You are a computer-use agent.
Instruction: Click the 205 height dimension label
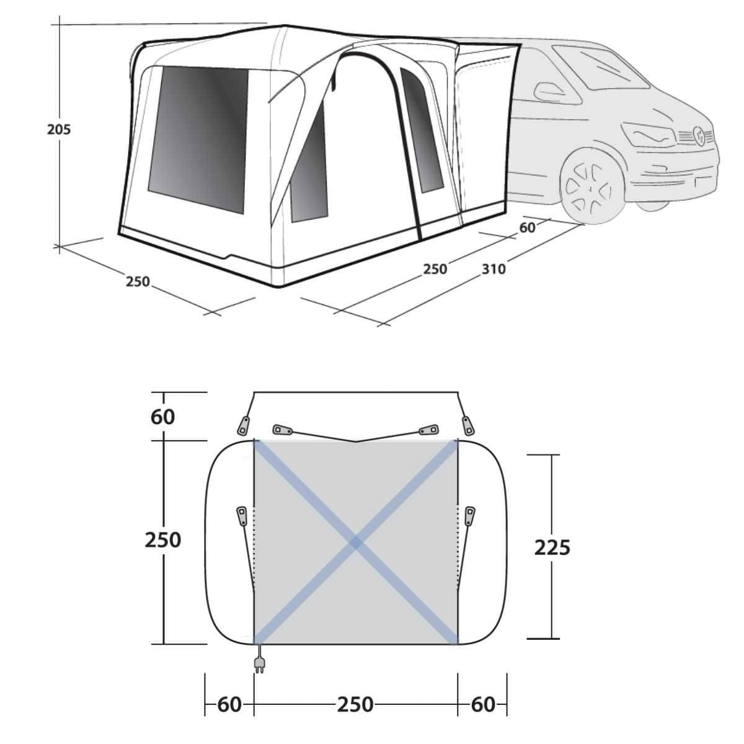(59, 130)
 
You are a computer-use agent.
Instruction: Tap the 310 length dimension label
(494, 268)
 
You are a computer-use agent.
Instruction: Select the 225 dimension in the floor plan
(552, 547)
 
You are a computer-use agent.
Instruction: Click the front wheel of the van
(590, 188)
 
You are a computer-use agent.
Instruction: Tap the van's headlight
(649, 135)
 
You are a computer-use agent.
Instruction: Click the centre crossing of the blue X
(356, 543)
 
